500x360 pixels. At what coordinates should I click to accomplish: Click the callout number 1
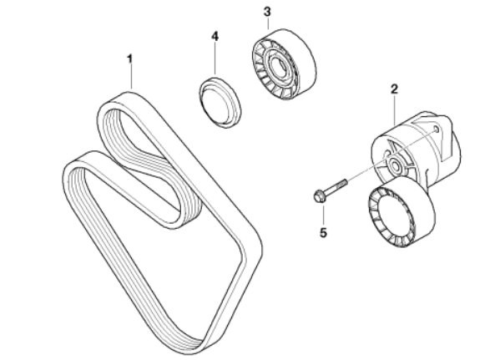(129, 59)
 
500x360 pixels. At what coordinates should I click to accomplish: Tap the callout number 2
(395, 89)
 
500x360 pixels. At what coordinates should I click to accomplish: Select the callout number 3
(267, 12)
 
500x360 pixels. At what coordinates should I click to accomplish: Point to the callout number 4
(215, 37)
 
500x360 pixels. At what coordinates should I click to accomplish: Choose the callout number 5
(323, 233)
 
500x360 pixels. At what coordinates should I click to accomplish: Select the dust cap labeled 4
(220, 103)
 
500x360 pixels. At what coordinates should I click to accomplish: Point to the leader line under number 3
(268, 24)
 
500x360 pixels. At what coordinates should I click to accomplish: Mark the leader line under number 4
(215, 59)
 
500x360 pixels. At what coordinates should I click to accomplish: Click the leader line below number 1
(130, 77)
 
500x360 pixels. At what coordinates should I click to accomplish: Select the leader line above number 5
(323, 215)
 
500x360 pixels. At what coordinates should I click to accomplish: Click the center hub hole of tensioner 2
(395, 166)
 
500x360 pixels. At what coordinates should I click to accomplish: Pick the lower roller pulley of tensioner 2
(402, 212)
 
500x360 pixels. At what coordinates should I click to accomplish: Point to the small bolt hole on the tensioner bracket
(437, 129)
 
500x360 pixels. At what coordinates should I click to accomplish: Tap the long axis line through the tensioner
(391, 155)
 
